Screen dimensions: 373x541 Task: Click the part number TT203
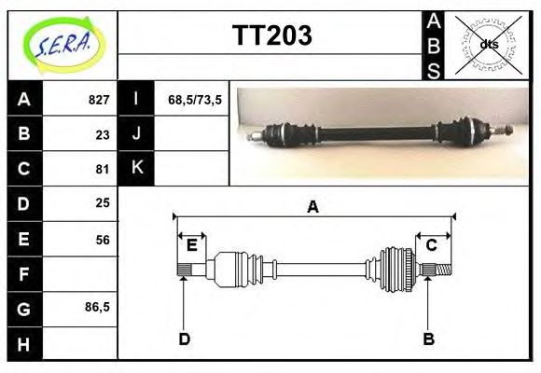pyautogui.click(x=270, y=36)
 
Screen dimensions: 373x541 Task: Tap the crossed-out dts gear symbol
pyautogui.click(x=489, y=44)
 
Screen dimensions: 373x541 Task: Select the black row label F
pyautogui.click(x=23, y=273)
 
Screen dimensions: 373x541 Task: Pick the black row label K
pyautogui.click(x=136, y=169)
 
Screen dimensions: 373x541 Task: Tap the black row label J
pyautogui.click(x=136, y=134)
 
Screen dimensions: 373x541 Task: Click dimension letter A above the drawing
pyautogui.click(x=312, y=207)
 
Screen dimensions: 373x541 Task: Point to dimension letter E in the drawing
pyautogui.click(x=191, y=245)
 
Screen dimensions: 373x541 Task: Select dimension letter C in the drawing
pyautogui.click(x=432, y=245)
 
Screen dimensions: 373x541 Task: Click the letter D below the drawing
pyautogui.click(x=184, y=338)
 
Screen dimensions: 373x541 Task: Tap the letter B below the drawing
pyautogui.click(x=429, y=338)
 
